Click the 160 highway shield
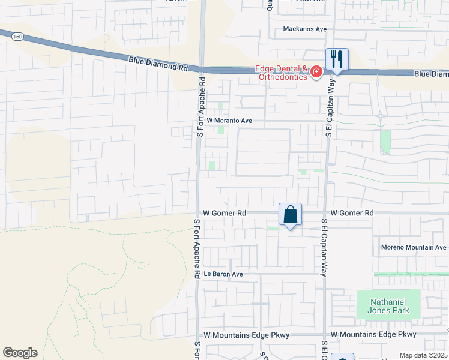(x=17, y=36)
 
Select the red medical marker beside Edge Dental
(x=316, y=73)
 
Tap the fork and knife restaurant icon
(x=337, y=59)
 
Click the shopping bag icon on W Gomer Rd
(x=290, y=214)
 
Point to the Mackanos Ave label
(x=304, y=29)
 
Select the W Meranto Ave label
(x=229, y=121)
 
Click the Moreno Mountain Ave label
(x=414, y=247)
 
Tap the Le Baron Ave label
(x=223, y=274)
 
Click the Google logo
(x=20, y=353)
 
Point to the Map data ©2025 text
(x=423, y=355)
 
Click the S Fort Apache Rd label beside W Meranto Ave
(x=202, y=107)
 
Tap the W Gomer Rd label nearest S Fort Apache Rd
(x=224, y=213)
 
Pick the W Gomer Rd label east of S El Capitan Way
(x=352, y=213)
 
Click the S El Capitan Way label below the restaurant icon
(x=329, y=110)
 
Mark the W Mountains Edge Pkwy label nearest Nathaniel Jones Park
(x=373, y=334)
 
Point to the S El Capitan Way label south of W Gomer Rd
(x=324, y=247)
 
